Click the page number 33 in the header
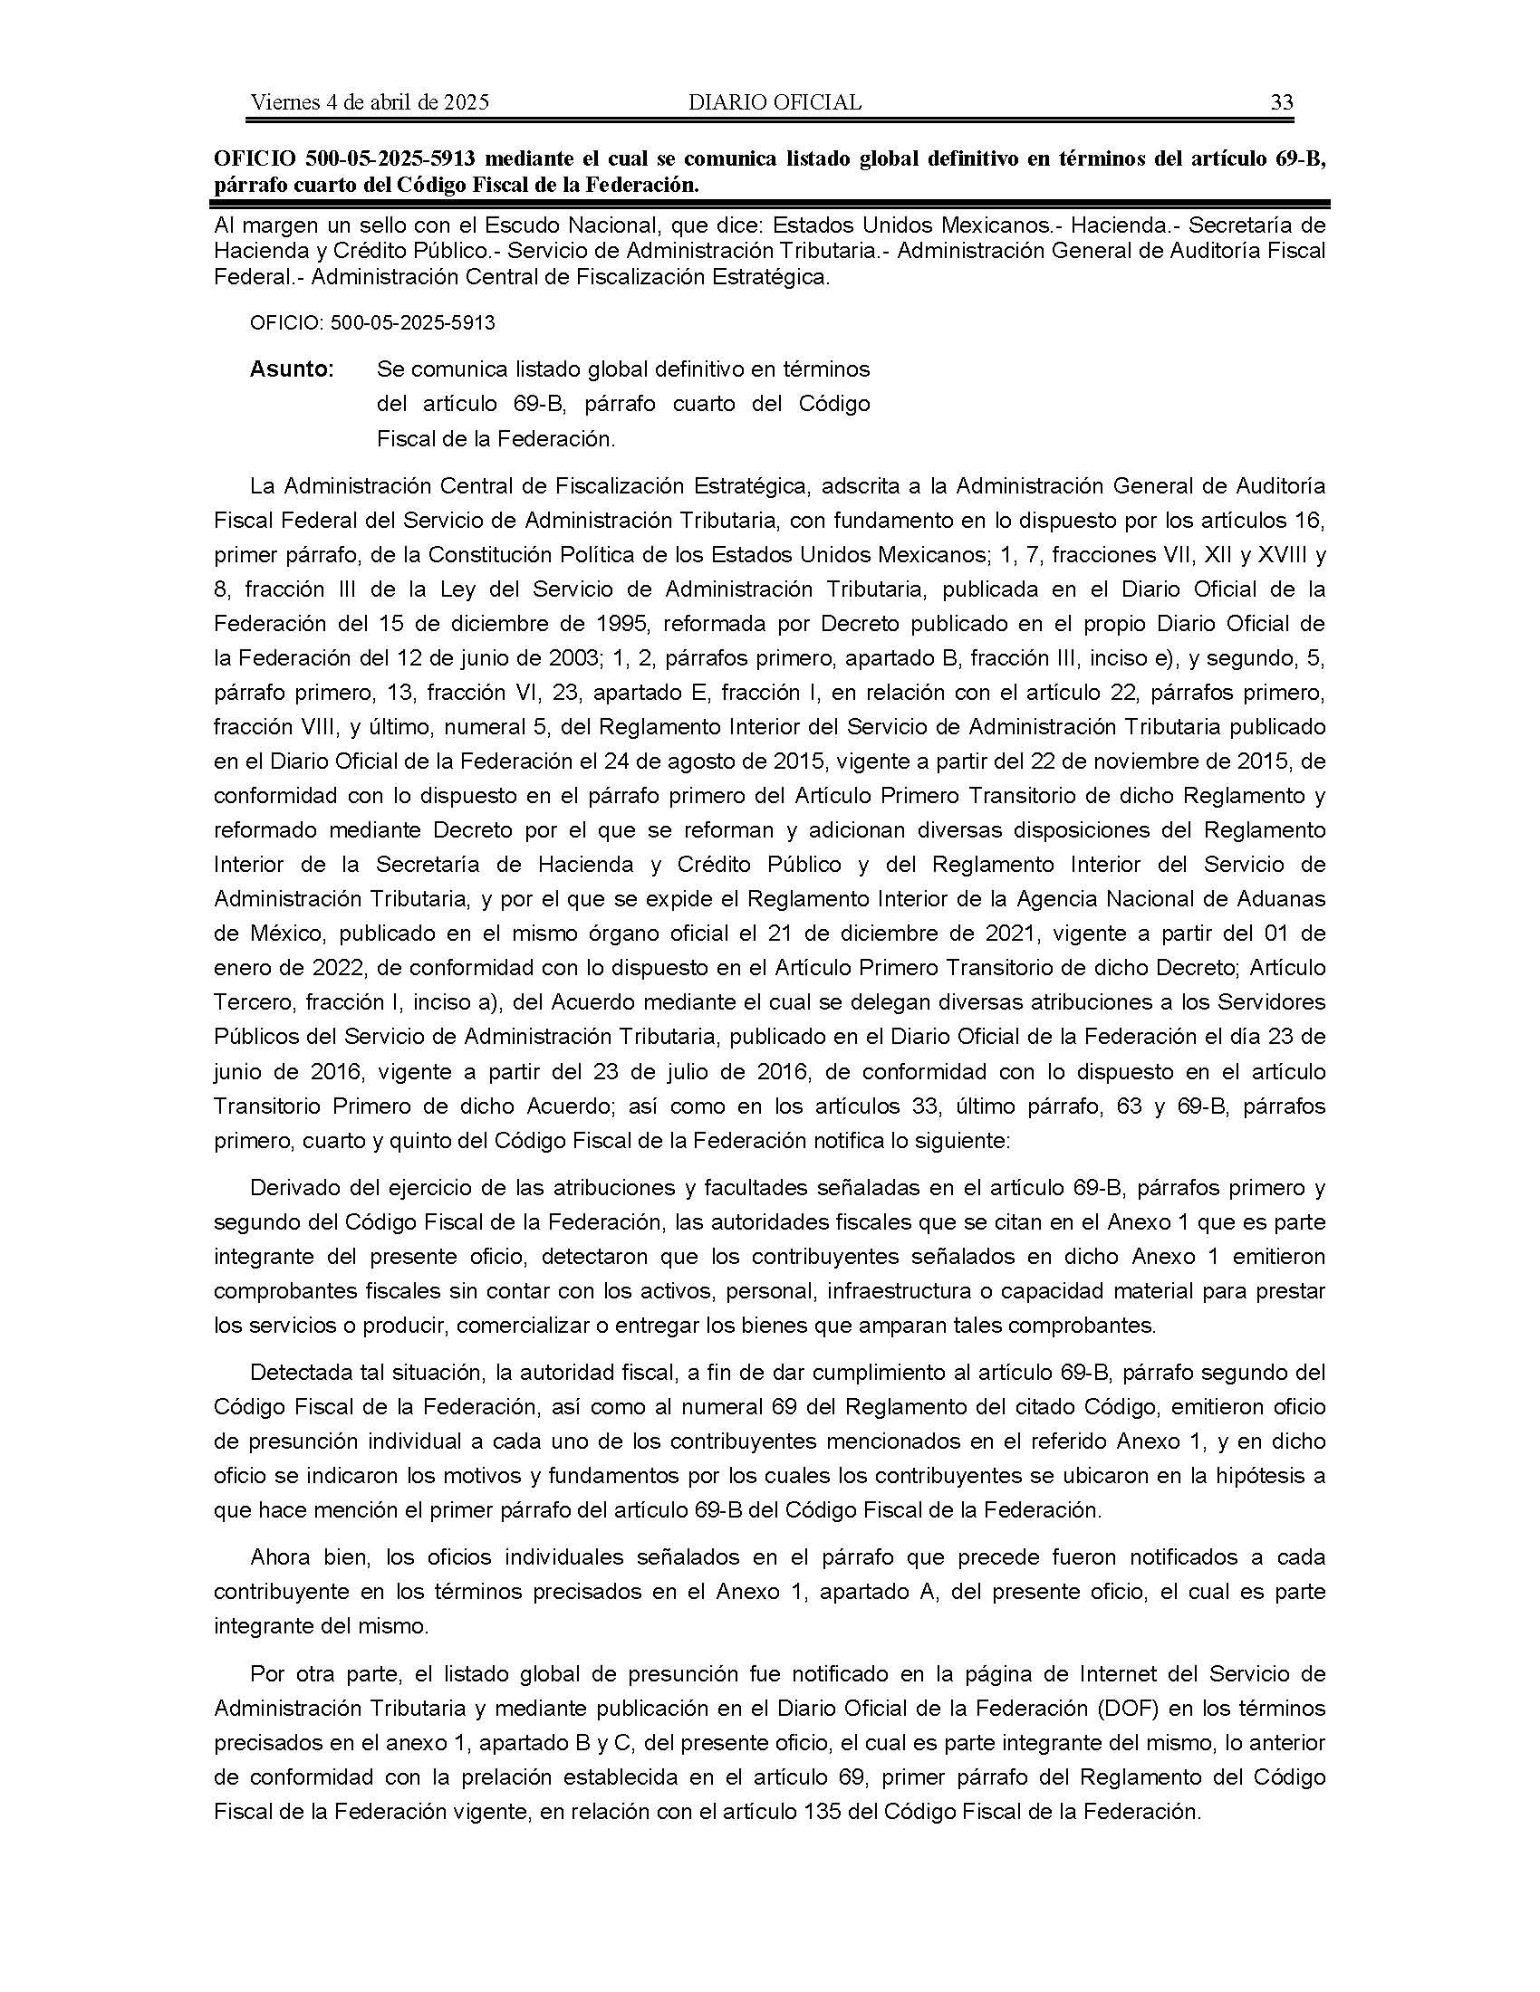(x=1282, y=102)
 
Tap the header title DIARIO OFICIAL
(x=775, y=102)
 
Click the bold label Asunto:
(x=292, y=369)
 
